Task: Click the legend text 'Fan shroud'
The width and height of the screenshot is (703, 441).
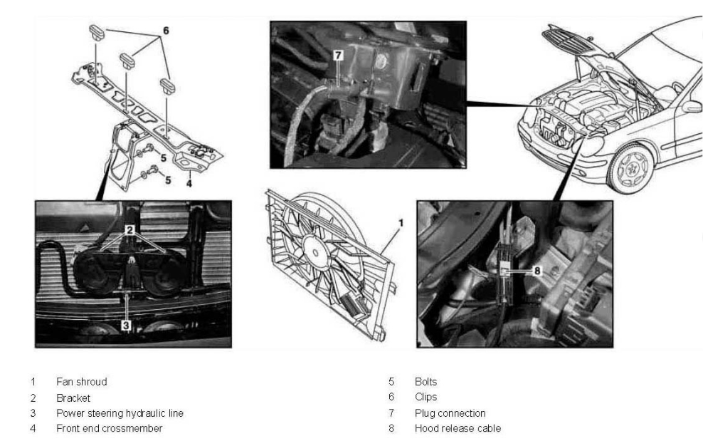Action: (x=82, y=382)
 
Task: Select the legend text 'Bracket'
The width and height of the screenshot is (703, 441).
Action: (x=73, y=398)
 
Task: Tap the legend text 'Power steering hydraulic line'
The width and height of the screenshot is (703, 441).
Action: (x=120, y=413)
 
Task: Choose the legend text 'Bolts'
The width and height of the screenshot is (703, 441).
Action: (x=425, y=382)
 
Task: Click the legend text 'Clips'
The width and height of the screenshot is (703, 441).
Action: (x=425, y=398)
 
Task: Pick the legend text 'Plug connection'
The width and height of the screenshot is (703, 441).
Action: (x=450, y=413)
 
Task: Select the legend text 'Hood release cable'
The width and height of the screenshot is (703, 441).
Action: (x=458, y=428)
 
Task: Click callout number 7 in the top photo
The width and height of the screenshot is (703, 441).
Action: (x=338, y=54)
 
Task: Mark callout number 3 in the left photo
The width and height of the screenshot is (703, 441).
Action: (x=126, y=324)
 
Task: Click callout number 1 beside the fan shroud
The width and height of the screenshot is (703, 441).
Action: (x=401, y=222)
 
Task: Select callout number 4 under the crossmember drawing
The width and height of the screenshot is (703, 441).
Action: (x=189, y=183)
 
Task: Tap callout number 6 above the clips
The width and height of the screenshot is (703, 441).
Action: (x=166, y=32)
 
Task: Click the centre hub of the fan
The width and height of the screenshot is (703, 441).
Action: (x=314, y=251)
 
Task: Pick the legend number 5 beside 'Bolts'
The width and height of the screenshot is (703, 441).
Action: (x=391, y=382)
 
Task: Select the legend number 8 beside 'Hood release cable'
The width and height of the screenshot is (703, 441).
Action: (x=391, y=428)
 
